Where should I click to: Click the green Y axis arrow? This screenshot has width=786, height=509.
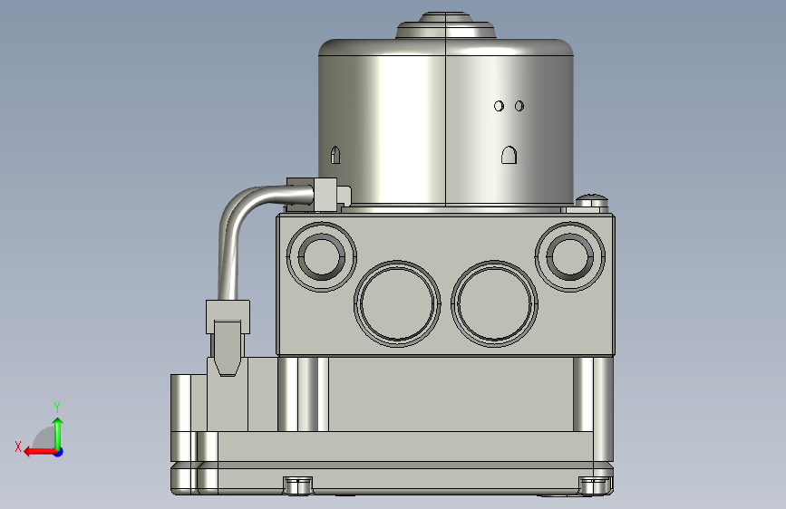pos(58,434)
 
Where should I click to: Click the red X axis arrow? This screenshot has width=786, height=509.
pos(40,452)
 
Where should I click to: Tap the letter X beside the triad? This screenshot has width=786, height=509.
pos(18,447)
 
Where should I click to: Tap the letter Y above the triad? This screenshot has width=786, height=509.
pos(57,407)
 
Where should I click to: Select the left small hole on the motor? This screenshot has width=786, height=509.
pos(499,106)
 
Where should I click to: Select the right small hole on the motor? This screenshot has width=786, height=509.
pos(519,106)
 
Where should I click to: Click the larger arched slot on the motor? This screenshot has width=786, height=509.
pos(509,155)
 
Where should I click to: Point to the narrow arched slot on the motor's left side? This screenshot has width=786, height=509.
pos(335,155)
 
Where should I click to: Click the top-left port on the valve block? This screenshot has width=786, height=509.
pos(321,256)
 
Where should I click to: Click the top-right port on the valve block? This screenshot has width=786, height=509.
pos(570,256)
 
